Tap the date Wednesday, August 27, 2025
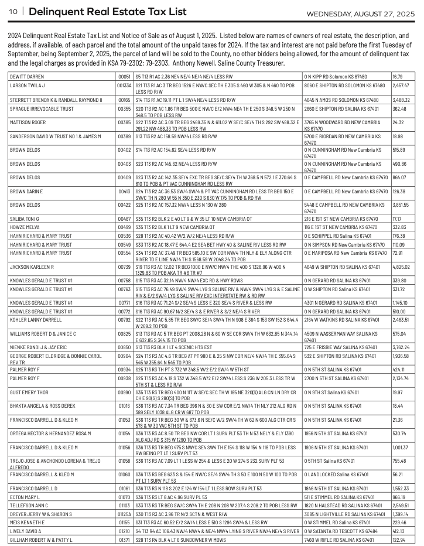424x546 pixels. [x=361, y=13]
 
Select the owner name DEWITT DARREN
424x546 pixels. [x=27, y=77]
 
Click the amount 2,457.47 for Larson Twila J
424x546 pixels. [x=402, y=85]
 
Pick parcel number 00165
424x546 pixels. [x=124, y=100]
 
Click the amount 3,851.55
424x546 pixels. [x=402, y=205]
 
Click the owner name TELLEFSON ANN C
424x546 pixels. [x=31, y=504]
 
